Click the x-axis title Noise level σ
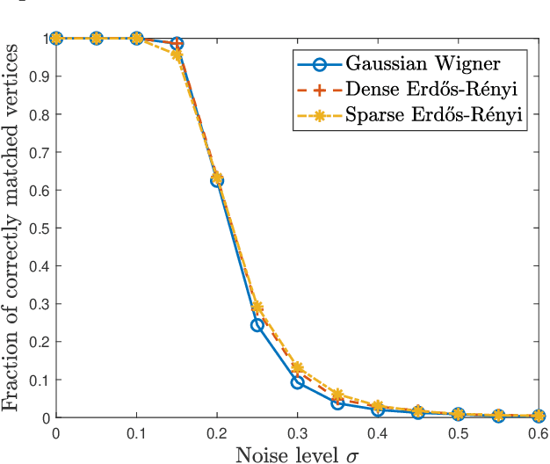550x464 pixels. point(297,454)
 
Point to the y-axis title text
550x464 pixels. point(14,228)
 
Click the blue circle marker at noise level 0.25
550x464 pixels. point(257,325)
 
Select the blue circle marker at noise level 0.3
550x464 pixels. point(297,382)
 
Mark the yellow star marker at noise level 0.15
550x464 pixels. point(177,54)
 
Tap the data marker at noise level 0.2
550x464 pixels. point(217,180)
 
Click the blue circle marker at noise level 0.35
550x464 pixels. point(337,403)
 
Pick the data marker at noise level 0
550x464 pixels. point(56,38)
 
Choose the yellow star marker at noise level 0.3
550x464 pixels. point(297,368)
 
